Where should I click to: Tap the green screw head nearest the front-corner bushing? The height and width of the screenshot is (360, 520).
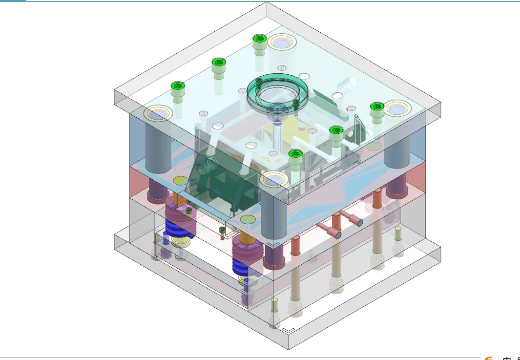tap(295, 154)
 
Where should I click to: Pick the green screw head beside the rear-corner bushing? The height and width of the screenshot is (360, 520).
tap(259, 39)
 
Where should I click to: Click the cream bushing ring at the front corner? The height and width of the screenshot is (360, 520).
tap(273, 179)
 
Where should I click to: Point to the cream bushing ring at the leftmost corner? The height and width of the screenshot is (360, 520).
tap(158, 114)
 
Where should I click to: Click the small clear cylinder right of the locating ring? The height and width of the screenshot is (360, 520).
tap(347, 85)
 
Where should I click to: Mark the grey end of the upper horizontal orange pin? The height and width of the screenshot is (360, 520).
tap(359, 222)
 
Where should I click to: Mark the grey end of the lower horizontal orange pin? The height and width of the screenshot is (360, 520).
tap(337, 235)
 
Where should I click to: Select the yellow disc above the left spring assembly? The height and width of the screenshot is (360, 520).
tap(180, 181)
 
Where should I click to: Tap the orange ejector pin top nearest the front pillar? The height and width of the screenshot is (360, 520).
tap(295, 240)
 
